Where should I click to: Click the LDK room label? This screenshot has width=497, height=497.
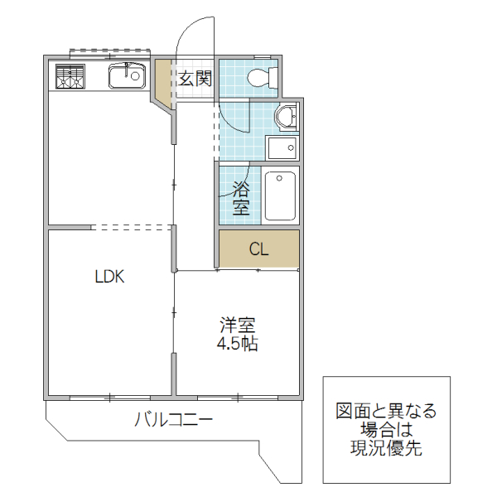click(x=109, y=277)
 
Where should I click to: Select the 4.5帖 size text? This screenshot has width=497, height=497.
click(x=237, y=343)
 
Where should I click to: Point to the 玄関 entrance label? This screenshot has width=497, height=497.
click(x=195, y=80)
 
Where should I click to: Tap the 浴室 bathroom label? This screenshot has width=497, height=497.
click(x=240, y=196)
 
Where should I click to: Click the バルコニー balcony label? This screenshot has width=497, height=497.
click(x=174, y=420)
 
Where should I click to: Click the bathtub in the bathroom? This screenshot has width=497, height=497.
click(x=281, y=195)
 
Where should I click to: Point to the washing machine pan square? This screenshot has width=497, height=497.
click(x=282, y=148)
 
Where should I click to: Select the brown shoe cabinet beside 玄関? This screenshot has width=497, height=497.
click(x=163, y=83)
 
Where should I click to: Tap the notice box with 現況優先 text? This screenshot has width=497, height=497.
click(x=386, y=430)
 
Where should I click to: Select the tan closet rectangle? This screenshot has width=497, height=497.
click(x=258, y=249)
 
